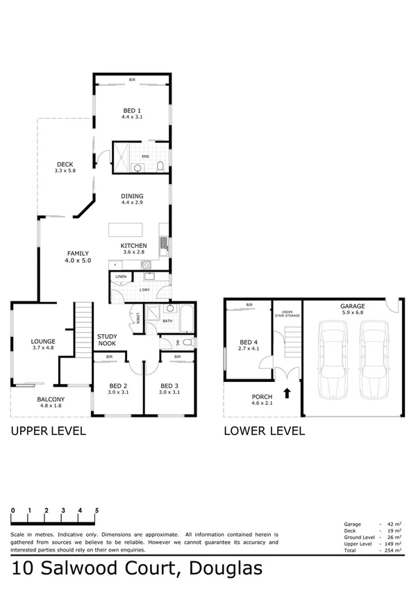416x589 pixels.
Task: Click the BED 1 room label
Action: click(x=132, y=111)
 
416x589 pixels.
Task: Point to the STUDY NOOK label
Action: click(x=106, y=340)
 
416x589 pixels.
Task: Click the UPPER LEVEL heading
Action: click(x=48, y=431)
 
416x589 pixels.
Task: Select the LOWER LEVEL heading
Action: click(x=264, y=431)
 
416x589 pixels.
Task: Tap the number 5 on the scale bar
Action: click(x=97, y=511)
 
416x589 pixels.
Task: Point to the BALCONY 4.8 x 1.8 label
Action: click(x=51, y=402)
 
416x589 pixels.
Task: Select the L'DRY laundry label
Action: click(x=145, y=289)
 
